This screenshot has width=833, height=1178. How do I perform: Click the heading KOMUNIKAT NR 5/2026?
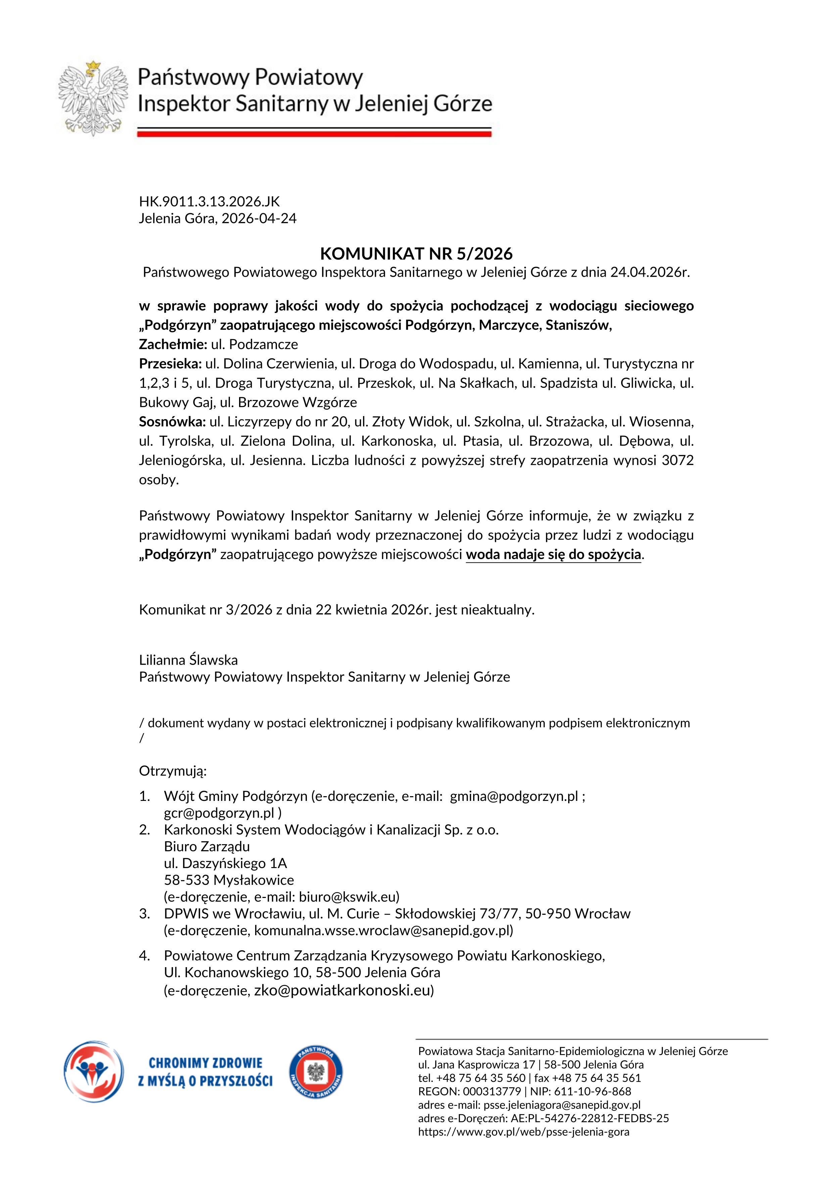click(x=416, y=254)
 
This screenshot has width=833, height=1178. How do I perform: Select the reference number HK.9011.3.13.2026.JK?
click(x=209, y=201)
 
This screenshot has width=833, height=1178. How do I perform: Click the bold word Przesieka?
click(x=170, y=364)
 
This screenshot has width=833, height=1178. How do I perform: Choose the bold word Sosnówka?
click(x=172, y=422)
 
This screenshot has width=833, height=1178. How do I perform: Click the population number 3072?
click(x=678, y=460)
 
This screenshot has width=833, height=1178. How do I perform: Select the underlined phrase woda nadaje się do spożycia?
click(x=553, y=555)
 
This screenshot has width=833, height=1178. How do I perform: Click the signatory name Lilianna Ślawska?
click(x=188, y=660)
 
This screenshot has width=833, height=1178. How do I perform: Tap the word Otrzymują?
click(x=173, y=771)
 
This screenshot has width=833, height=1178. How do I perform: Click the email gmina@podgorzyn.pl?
click(x=514, y=796)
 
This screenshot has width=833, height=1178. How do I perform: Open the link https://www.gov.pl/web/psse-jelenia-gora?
click(x=523, y=1131)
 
